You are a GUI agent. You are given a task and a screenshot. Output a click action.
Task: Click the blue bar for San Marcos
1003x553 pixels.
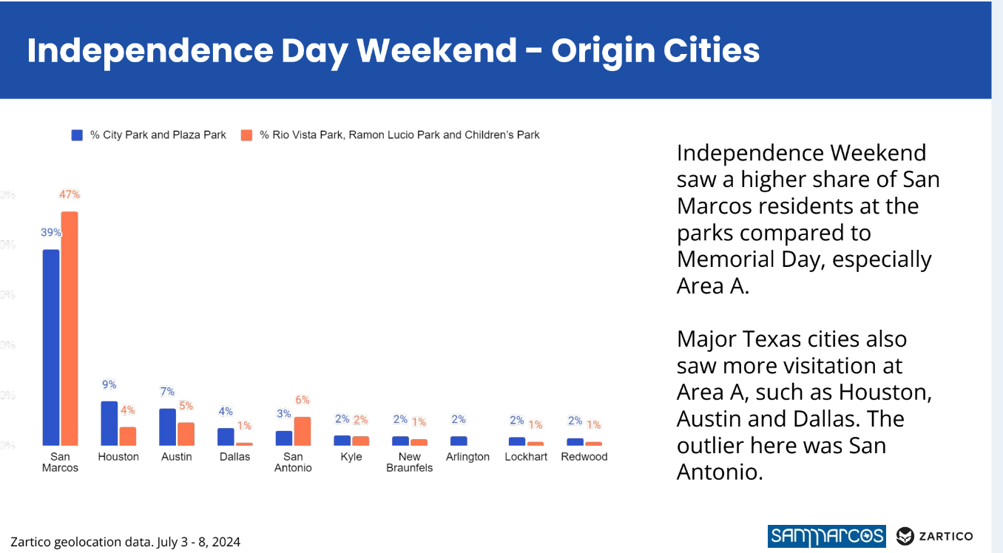51,347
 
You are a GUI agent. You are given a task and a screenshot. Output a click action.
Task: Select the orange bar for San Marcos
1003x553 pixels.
70,328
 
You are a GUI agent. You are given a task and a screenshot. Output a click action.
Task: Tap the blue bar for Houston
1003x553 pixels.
109,423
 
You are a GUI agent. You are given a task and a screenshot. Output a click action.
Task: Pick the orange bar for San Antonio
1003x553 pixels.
303,431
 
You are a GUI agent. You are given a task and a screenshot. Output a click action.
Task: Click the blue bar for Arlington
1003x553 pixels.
459,441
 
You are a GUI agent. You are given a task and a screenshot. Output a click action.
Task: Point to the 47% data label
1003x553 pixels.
70,194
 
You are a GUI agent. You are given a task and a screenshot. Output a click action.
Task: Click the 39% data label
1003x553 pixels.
50,232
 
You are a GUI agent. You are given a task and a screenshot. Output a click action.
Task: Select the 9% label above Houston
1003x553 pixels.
109,384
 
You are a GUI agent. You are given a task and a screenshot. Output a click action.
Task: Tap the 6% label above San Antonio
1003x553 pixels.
303,400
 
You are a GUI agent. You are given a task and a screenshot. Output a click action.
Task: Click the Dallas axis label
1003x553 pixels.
235,457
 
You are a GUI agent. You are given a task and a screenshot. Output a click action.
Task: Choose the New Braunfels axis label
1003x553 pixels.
409,462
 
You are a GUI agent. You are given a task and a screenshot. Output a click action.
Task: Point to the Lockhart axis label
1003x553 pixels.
526,457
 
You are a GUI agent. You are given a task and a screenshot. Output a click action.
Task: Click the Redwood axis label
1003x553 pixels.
584,457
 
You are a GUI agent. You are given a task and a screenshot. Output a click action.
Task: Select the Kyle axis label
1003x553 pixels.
351,457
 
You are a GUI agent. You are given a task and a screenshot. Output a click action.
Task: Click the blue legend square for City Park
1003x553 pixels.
77,135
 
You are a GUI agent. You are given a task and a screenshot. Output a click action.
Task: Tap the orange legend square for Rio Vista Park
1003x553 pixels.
246,135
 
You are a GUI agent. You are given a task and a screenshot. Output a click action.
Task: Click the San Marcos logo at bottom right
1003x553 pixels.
826,536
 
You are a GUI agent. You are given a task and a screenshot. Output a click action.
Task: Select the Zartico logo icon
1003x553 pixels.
905,536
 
